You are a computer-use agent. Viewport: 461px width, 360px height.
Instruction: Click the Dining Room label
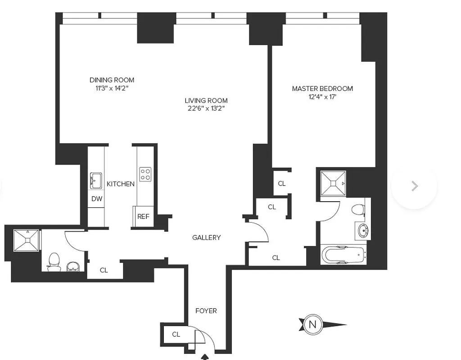click(x=112, y=80)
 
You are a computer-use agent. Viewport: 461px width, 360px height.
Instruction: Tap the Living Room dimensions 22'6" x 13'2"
click(x=206, y=108)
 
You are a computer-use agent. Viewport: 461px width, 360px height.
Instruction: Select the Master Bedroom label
click(x=322, y=89)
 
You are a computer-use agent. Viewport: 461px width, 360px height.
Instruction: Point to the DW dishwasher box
click(x=96, y=199)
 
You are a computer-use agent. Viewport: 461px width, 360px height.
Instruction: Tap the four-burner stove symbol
click(x=145, y=175)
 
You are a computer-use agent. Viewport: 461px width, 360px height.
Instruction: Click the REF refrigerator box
click(x=143, y=216)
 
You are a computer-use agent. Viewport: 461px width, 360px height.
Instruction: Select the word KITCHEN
click(x=120, y=184)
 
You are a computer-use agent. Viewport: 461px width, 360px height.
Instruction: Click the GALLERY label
click(x=206, y=238)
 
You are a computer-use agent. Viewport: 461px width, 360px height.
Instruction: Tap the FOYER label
click(x=206, y=311)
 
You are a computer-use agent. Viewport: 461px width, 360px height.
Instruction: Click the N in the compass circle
click(x=312, y=324)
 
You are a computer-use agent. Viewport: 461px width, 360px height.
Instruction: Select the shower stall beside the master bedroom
click(x=333, y=183)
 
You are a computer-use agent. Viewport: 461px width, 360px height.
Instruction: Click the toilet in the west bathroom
click(x=54, y=261)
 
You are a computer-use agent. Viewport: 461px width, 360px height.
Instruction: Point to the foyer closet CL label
click(x=176, y=334)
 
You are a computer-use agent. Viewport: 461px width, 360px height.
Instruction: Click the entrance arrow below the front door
click(x=206, y=356)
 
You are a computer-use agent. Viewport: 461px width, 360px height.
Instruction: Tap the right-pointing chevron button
click(x=414, y=186)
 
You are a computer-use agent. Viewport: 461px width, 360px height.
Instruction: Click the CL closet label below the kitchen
click(x=104, y=270)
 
